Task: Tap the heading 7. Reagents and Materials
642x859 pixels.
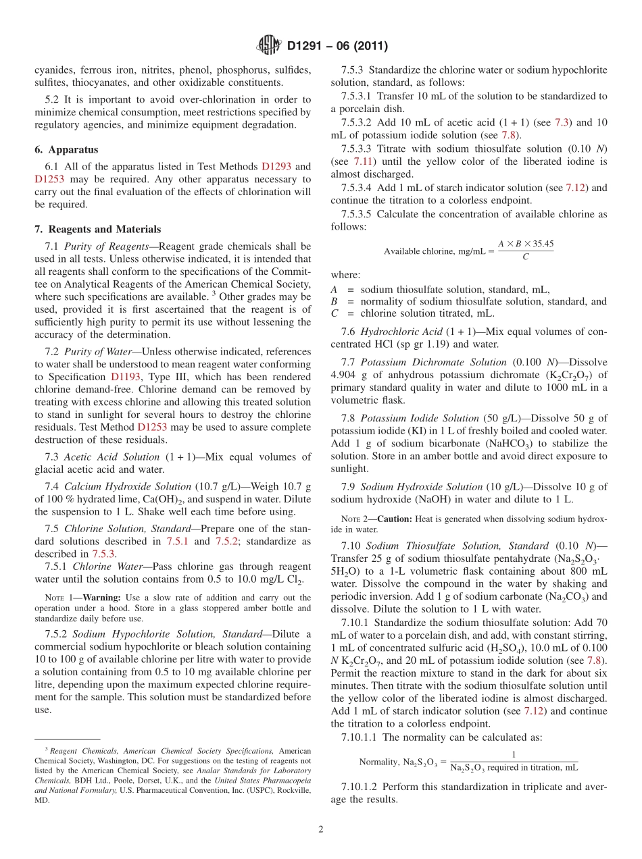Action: (x=97, y=229)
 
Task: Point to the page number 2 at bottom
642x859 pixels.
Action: (x=321, y=830)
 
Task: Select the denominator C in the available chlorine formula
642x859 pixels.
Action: (x=524, y=258)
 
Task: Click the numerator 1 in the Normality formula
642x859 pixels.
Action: (x=514, y=754)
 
